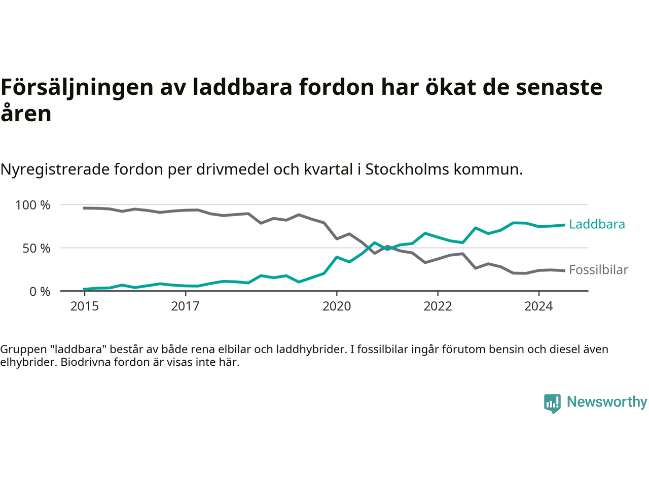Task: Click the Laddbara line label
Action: (597, 224)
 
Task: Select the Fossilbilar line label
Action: (598, 270)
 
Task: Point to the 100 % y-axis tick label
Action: (33, 205)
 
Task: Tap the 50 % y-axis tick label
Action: (37, 248)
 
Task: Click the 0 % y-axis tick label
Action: (40, 291)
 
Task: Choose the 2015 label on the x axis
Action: (85, 306)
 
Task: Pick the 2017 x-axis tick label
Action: (186, 306)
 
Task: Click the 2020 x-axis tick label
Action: (337, 306)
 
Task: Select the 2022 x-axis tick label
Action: (438, 306)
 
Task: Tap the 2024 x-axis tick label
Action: (538, 306)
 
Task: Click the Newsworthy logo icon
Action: (552, 403)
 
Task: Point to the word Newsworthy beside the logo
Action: (607, 402)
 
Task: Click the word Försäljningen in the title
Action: (77, 87)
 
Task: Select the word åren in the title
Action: (26, 114)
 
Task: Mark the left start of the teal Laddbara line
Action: (85, 289)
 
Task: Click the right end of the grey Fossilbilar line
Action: (564, 270)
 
